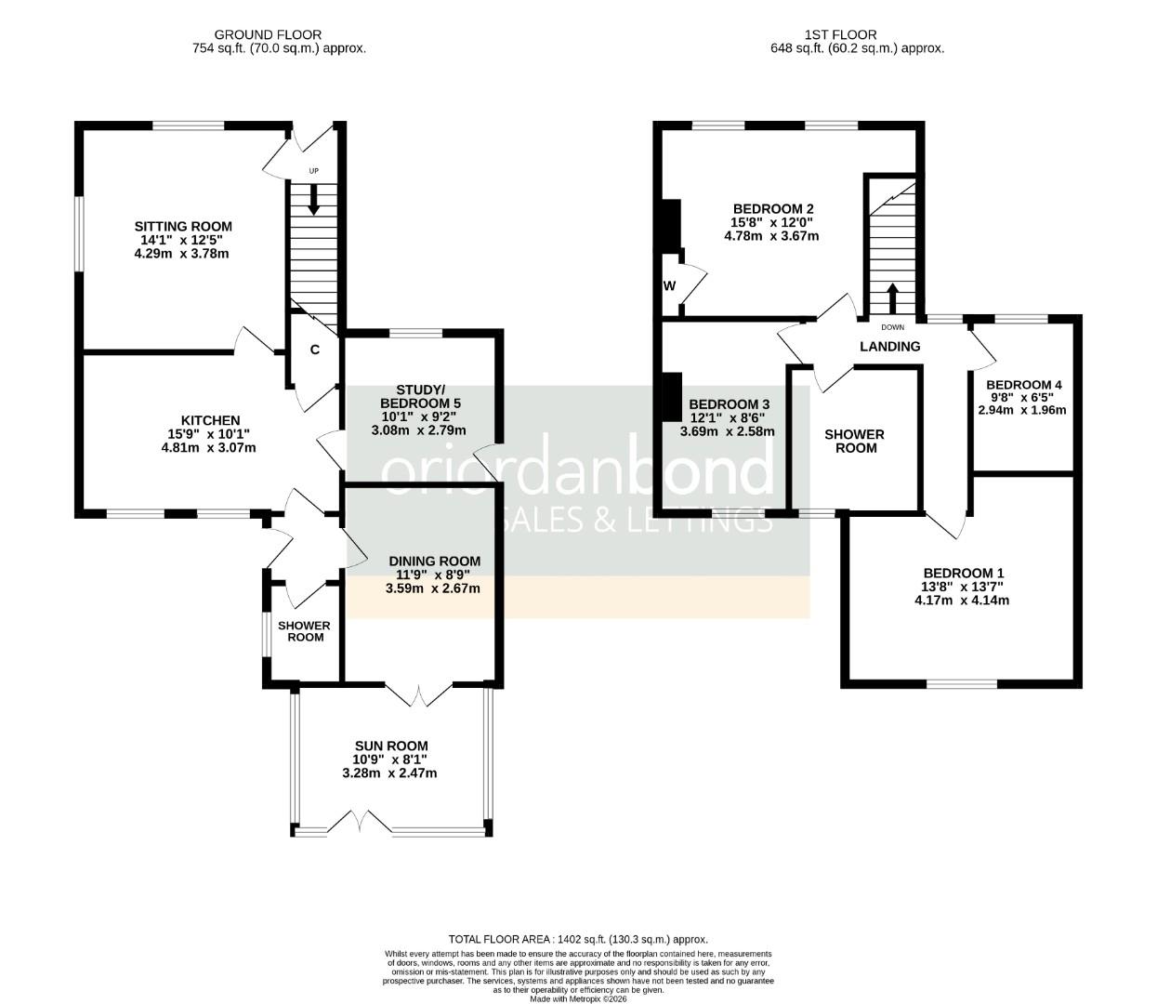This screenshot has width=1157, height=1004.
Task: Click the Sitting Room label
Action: tap(183, 226)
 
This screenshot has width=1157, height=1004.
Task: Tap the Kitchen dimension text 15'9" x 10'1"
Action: tap(209, 434)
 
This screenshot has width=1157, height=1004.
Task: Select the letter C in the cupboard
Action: tap(315, 350)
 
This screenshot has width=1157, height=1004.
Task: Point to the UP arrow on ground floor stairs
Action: tap(314, 200)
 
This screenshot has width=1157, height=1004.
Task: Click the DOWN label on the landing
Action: tap(892, 327)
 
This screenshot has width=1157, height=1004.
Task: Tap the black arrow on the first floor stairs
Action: tap(892, 297)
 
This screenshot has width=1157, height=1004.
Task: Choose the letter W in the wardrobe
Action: tap(669, 285)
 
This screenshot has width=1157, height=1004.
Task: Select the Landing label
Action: tap(889, 346)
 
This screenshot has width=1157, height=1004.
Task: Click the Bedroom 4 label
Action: tap(1023, 385)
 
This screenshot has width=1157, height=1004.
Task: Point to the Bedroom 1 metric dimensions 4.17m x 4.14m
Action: tap(961, 601)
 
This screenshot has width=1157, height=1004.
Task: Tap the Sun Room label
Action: tap(390, 746)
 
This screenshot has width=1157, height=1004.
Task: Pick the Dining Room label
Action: tap(434, 561)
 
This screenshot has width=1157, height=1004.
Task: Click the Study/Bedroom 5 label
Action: tap(420, 397)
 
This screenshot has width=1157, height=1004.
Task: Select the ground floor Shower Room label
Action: tap(304, 631)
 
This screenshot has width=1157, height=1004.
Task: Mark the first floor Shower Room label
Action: tap(854, 442)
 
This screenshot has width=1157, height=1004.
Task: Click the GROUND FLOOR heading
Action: tap(268, 35)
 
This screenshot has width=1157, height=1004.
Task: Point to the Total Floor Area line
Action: tap(578, 940)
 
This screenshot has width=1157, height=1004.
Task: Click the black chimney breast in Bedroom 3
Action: tap(673, 397)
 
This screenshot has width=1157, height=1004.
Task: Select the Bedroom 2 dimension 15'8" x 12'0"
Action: tap(771, 222)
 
